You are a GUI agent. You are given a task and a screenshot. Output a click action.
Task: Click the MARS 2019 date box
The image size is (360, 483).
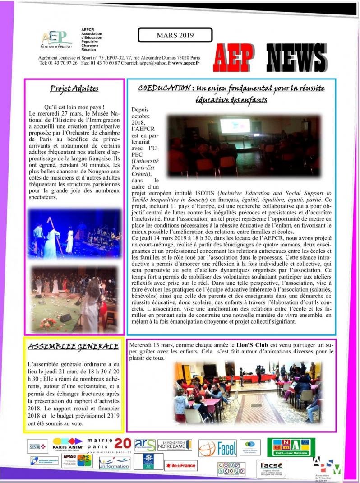tap(175, 35)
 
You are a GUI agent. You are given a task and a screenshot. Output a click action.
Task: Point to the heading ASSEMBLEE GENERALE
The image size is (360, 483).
tap(73, 347)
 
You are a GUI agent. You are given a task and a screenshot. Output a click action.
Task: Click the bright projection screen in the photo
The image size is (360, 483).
tap(235, 125)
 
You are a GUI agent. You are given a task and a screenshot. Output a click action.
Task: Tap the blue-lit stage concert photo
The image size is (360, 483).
tap(74, 234)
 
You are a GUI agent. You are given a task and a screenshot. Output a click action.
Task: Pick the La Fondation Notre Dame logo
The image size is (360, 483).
tap(174, 445)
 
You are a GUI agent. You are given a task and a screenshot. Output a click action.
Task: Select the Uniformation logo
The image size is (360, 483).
tap(115, 462)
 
